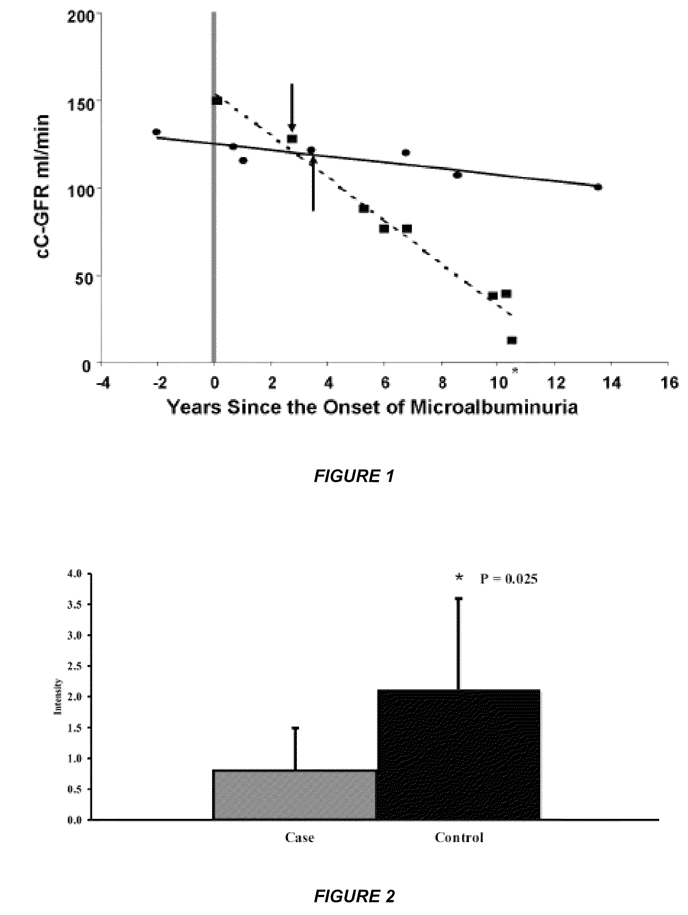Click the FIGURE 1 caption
pos(354,476)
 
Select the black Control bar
pos(459,754)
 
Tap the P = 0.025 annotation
pos(508,579)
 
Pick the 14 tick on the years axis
pos(612,383)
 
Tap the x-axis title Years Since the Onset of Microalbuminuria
pos(372,407)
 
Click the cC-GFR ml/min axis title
pos(43,187)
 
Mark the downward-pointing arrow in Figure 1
pos(292,107)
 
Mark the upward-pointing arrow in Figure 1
pos(313,182)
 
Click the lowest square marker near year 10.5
pos(512,340)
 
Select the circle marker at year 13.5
pos(598,187)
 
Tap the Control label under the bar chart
pos(459,838)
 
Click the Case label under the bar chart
pos(300,838)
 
